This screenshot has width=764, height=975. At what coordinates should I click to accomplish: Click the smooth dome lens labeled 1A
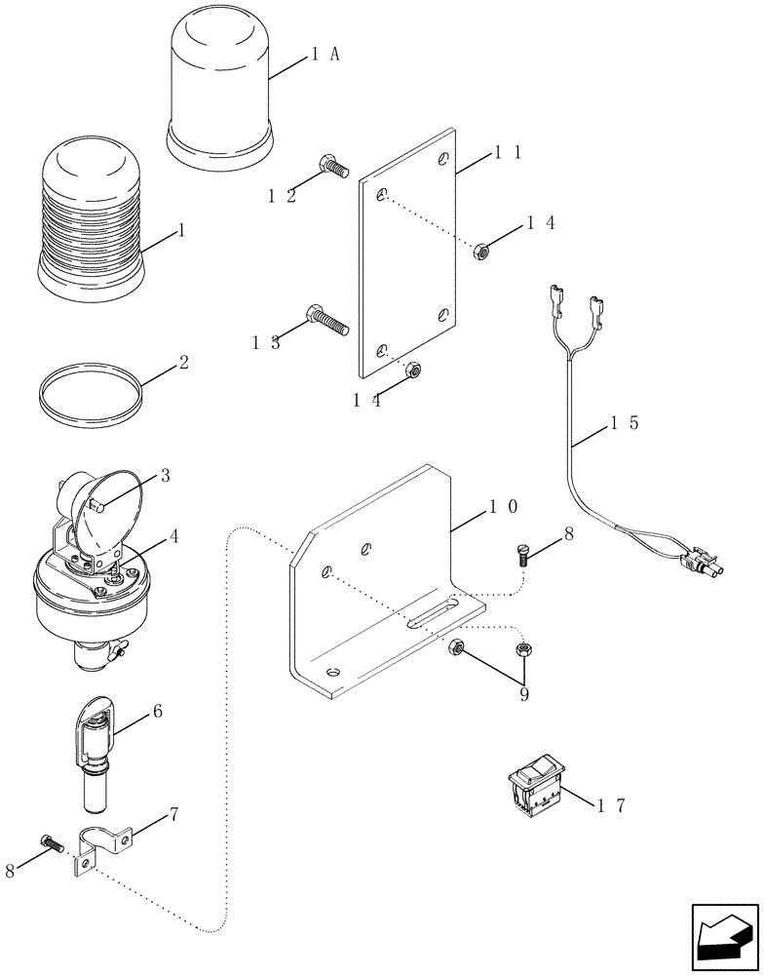[x=219, y=93]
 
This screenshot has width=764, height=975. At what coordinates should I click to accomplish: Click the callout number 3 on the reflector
[x=165, y=476]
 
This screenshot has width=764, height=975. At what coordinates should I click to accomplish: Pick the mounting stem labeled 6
[x=96, y=751]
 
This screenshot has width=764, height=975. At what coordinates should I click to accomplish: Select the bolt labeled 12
[x=334, y=171]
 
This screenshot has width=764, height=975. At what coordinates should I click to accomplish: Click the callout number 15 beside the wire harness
[x=623, y=424]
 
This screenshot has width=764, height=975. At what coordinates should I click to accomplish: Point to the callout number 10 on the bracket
[x=503, y=507]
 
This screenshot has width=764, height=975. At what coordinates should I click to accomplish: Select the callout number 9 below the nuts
[x=525, y=694]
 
